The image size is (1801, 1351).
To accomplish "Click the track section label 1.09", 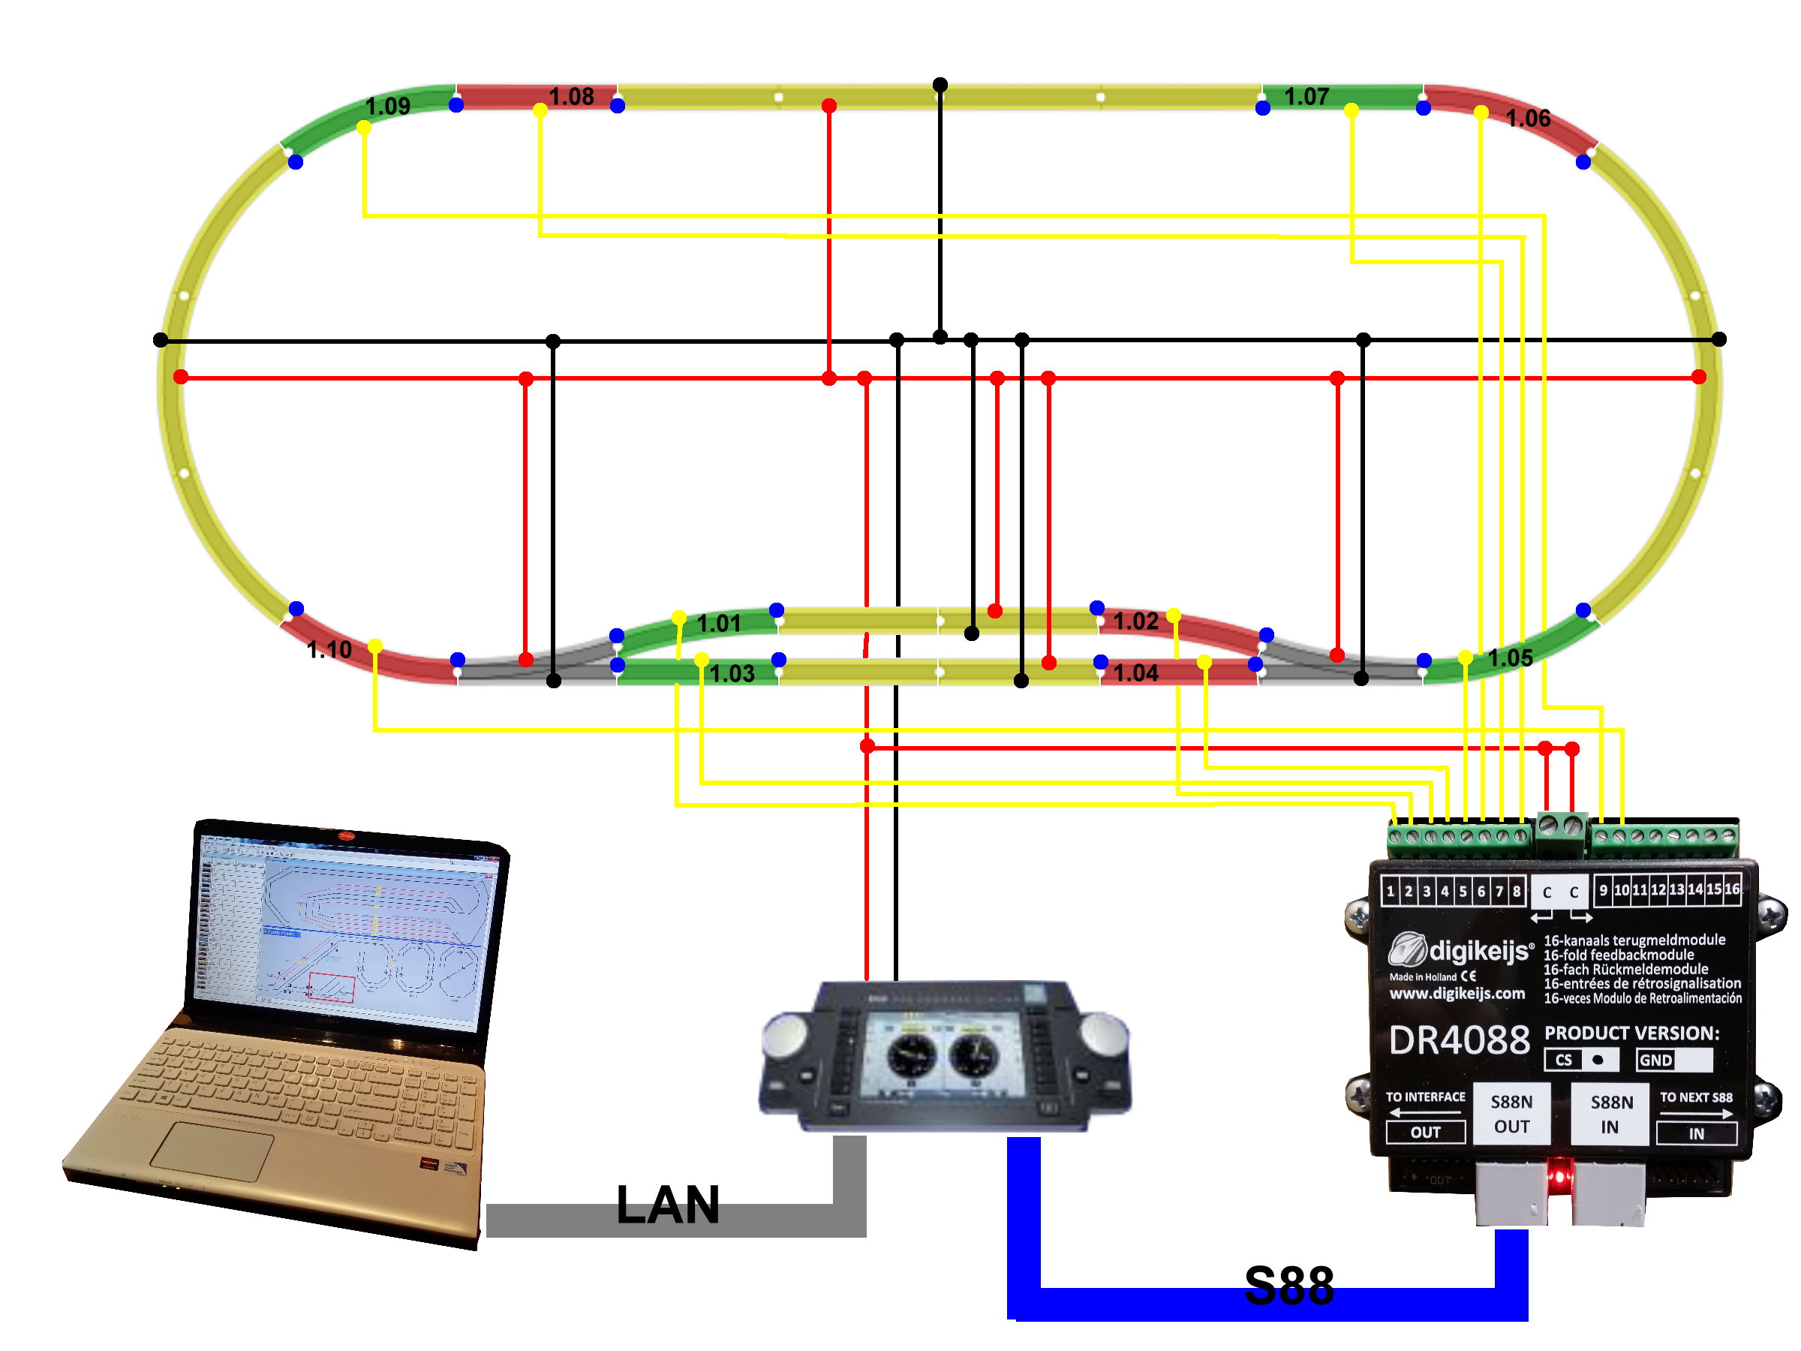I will coord(387,106).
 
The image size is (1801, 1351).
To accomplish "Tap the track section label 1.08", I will coord(571,97).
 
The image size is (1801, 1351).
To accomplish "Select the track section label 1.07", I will coord(1306,97).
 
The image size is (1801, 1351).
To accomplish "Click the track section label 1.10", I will coord(329,650).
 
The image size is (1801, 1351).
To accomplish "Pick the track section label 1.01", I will coord(719,624).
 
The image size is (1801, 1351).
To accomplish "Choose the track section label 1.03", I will coord(732,674).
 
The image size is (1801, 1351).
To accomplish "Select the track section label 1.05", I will coord(1510,658).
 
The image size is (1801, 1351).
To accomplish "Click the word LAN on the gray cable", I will coord(668,1205).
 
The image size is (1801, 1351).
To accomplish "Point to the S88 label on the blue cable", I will coord(1289,1286).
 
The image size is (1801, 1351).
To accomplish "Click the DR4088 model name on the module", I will coord(1459,1040).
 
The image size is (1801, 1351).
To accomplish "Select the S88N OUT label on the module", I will coord(1511,1114).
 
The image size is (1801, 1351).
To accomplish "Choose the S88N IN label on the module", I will coord(1611,1114).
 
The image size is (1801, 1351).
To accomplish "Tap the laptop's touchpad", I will coord(212,1151).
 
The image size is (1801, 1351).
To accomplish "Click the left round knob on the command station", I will coord(785,1033).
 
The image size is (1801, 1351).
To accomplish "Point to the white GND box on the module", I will coord(1674,1060).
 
